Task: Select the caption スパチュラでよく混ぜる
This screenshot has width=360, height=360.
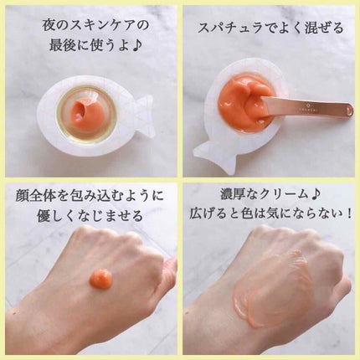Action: point(270,28)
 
